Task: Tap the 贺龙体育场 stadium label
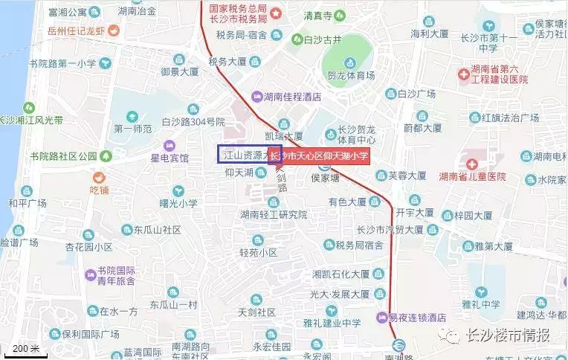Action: [x=351, y=76]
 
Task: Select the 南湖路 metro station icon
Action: [x=398, y=345]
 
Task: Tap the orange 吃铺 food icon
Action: [x=98, y=178]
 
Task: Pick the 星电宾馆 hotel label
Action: [x=170, y=158]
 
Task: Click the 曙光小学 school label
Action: [x=178, y=203]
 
